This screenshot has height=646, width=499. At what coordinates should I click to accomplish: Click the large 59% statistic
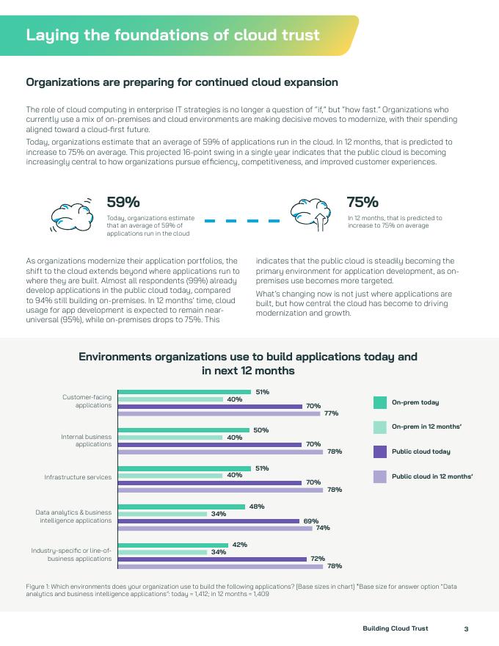(x=123, y=202)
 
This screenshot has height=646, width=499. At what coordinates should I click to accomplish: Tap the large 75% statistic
(x=363, y=202)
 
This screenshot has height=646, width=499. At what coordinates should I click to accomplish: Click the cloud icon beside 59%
(x=71, y=213)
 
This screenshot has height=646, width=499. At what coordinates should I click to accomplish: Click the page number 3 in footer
(x=466, y=628)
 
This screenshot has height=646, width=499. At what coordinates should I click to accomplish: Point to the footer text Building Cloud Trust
(x=396, y=628)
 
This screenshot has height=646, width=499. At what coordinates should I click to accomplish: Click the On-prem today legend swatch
(x=380, y=402)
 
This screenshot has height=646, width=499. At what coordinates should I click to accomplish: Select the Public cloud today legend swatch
(x=380, y=451)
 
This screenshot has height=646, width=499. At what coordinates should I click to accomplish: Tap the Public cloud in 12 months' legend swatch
(x=380, y=476)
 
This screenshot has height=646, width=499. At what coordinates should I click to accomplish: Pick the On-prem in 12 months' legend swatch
(x=380, y=427)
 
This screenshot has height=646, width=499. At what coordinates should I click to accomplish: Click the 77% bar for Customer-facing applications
(x=219, y=413)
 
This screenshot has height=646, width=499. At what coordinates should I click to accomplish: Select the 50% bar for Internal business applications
(x=183, y=430)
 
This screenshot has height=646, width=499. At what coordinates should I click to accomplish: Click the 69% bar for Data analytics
(x=208, y=521)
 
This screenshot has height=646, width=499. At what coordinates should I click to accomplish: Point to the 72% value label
(x=318, y=559)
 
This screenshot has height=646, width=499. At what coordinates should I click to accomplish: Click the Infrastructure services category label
(x=78, y=477)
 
